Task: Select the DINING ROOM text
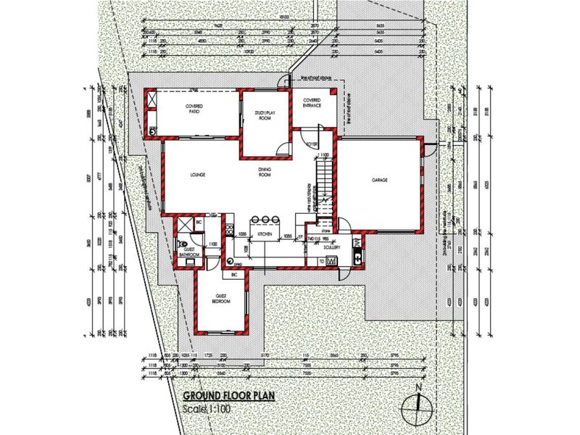coord(265,173)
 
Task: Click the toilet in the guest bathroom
coord(184,244)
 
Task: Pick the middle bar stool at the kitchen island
coord(266,220)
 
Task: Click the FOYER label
coord(312,145)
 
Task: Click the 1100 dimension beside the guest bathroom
coord(213,245)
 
